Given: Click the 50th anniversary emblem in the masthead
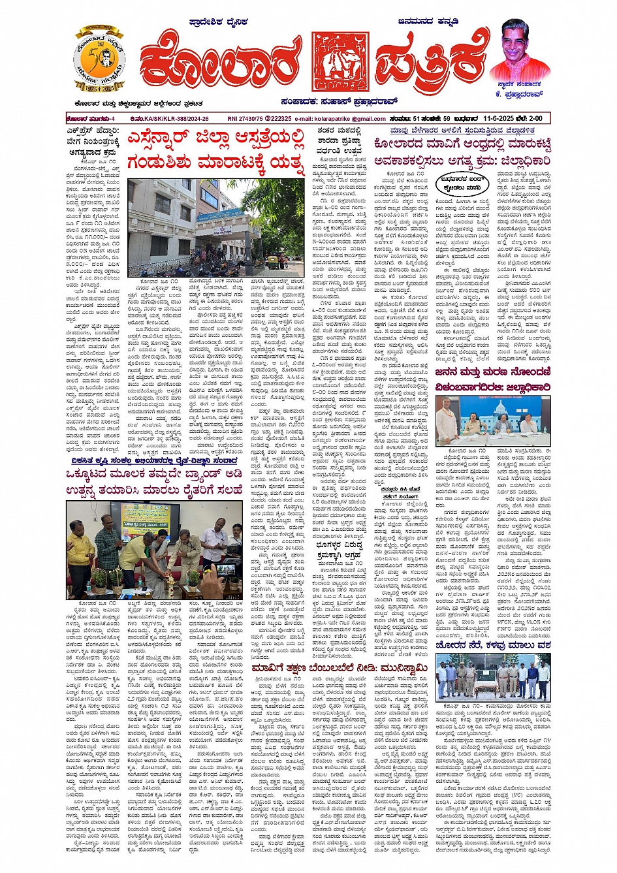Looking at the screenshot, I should coord(100,59).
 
